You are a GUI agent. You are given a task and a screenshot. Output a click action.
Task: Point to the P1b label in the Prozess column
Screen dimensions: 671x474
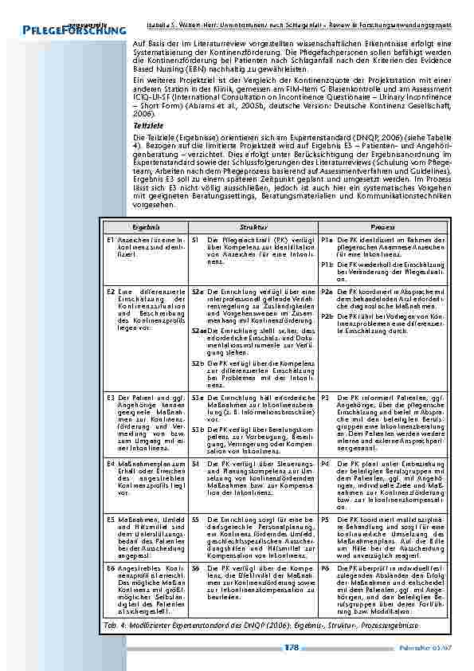[327, 264]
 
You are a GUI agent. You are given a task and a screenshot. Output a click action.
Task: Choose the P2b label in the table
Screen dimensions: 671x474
[327, 316]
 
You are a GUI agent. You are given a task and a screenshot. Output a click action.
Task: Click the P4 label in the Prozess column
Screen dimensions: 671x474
[324, 462]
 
